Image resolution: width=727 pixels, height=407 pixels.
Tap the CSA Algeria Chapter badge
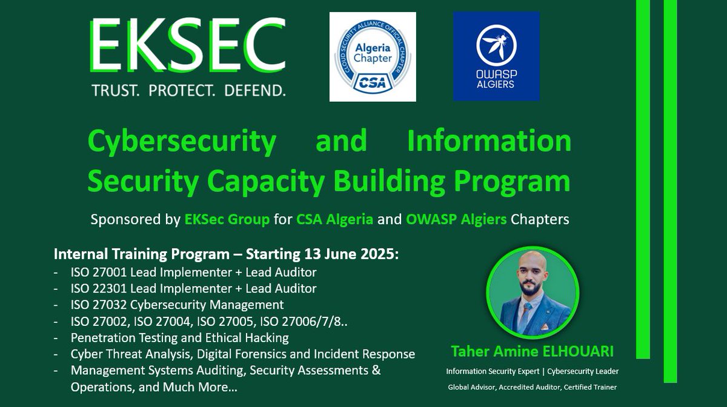tap(372, 56)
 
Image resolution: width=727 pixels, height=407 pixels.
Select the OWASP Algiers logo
tap(496, 56)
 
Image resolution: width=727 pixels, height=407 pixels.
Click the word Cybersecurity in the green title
tap(182, 141)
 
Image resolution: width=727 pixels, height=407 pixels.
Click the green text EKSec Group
tap(227, 219)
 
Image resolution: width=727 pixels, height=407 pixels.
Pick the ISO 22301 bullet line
tap(193, 288)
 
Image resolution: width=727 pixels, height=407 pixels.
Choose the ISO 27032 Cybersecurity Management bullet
tap(177, 305)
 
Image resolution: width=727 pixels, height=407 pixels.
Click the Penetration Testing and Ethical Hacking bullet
tap(179, 337)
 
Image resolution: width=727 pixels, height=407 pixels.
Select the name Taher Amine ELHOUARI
tap(533, 352)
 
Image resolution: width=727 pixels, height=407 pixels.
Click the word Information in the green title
tap(489, 141)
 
